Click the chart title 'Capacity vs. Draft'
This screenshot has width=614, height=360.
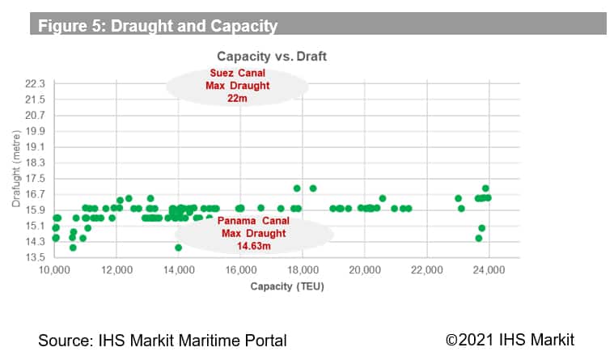(x=270, y=57)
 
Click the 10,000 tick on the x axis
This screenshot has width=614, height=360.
(x=55, y=269)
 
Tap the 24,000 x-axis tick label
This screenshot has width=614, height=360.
(x=488, y=269)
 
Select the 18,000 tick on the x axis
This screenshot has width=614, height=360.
(x=303, y=269)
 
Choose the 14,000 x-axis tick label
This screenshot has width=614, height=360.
(x=179, y=269)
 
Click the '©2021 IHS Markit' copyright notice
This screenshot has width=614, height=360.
(x=510, y=339)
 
